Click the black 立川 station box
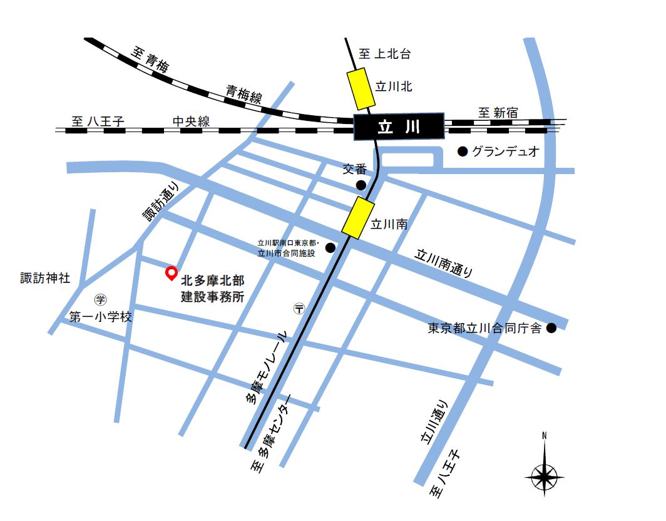point(399,127)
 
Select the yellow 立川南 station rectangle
point(358,217)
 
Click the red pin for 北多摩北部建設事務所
point(170,272)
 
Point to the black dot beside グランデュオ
point(463,152)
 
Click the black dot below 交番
point(361,185)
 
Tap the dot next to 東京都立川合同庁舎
point(551,328)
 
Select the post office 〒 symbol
point(299,308)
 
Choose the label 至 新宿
point(498,113)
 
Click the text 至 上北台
point(385,54)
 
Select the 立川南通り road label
point(445,264)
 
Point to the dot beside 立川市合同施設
point(330,248)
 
